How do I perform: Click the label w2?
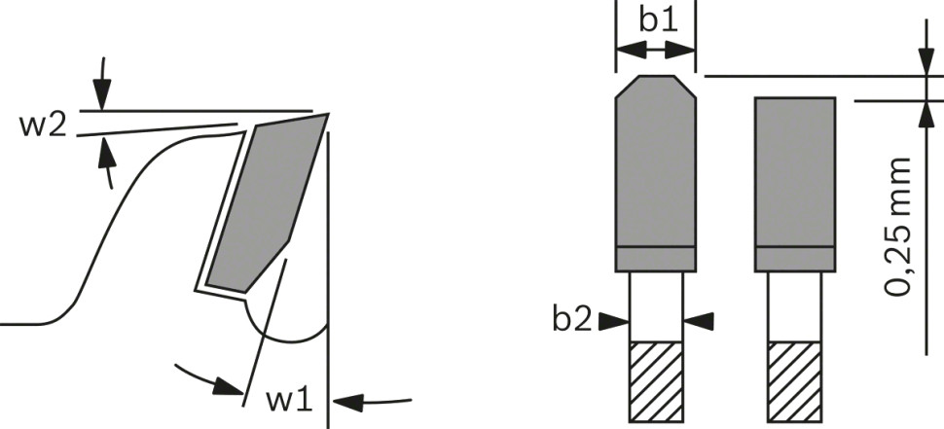42,125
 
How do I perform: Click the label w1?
290,401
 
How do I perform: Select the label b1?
658,19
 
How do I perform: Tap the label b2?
572,320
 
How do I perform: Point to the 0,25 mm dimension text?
897,227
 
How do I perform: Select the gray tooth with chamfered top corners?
656,173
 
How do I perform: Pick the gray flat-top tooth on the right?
795,184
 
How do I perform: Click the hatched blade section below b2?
656,381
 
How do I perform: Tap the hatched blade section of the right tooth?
795,381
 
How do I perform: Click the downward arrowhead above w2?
102,94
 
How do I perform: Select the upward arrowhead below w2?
106,151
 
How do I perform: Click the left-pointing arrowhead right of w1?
348,402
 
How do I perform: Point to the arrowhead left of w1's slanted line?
229,385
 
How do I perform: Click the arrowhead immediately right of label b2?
614,321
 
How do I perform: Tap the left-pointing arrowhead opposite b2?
699,321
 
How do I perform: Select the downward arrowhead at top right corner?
926,61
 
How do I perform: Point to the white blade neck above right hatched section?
795,306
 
